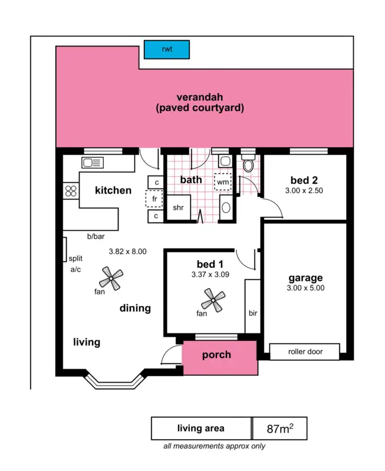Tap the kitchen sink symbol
click(93, 163)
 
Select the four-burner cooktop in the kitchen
click(71, 191)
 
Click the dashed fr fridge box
click(154, 200)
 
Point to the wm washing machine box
click(223, 183)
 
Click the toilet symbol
click(248, 165)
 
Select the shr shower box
click(178, 208)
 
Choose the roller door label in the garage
click(305, 352)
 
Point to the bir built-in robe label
click(252, 312)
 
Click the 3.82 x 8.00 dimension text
click(127, 251)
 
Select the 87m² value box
click(280, 429)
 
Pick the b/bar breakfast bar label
click(96, 237)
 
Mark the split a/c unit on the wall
click(64, 250)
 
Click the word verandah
click(199, 97)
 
